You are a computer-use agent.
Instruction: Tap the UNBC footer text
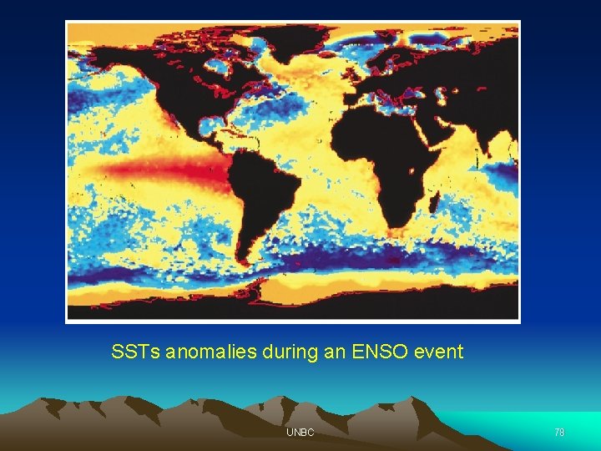(x=300, y=432)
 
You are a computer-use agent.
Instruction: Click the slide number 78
(x=559, y=432)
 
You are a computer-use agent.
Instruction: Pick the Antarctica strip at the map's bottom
(x=334, y=291)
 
